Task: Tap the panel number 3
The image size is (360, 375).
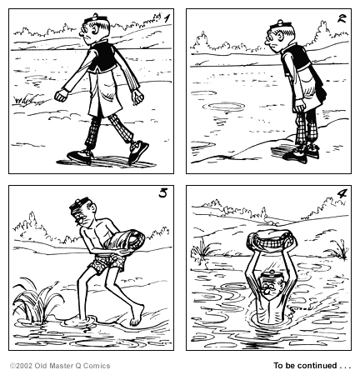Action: tap(162, 195)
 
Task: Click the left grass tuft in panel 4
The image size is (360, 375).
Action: tap(202, 249)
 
